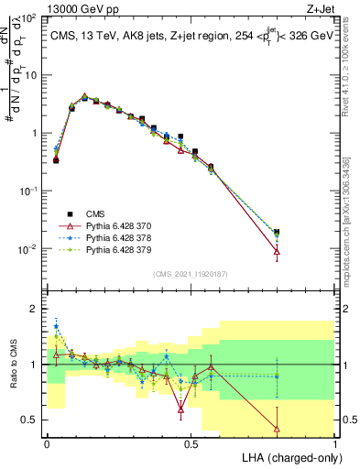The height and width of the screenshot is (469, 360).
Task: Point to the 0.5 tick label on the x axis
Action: (x=191, y=443)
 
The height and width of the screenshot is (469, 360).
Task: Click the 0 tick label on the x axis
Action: (x=47, y=443)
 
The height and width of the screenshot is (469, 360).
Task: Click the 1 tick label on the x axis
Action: (x=335, y=443)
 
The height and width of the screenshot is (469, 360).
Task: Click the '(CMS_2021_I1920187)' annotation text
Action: (x=191, y=273)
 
